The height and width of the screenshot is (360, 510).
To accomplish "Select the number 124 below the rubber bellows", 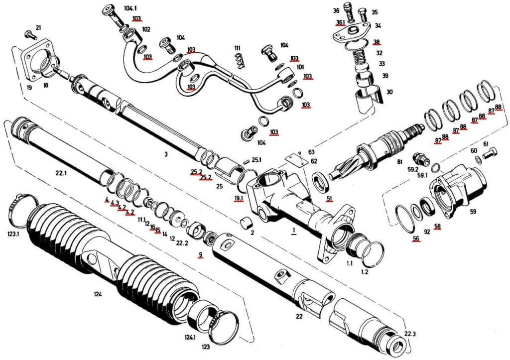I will [98, 294].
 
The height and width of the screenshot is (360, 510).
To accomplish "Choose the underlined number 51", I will [329, 199].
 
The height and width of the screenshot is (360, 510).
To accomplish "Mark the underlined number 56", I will [416, 238].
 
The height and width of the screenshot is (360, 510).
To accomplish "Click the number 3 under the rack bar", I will [166, 154].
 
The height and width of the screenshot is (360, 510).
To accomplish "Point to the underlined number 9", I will [201, 254].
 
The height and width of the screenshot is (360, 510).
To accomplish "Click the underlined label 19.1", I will [239, 198].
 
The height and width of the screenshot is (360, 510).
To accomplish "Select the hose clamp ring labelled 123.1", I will [20, 207].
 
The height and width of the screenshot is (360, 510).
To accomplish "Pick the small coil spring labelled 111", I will [240, 61].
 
